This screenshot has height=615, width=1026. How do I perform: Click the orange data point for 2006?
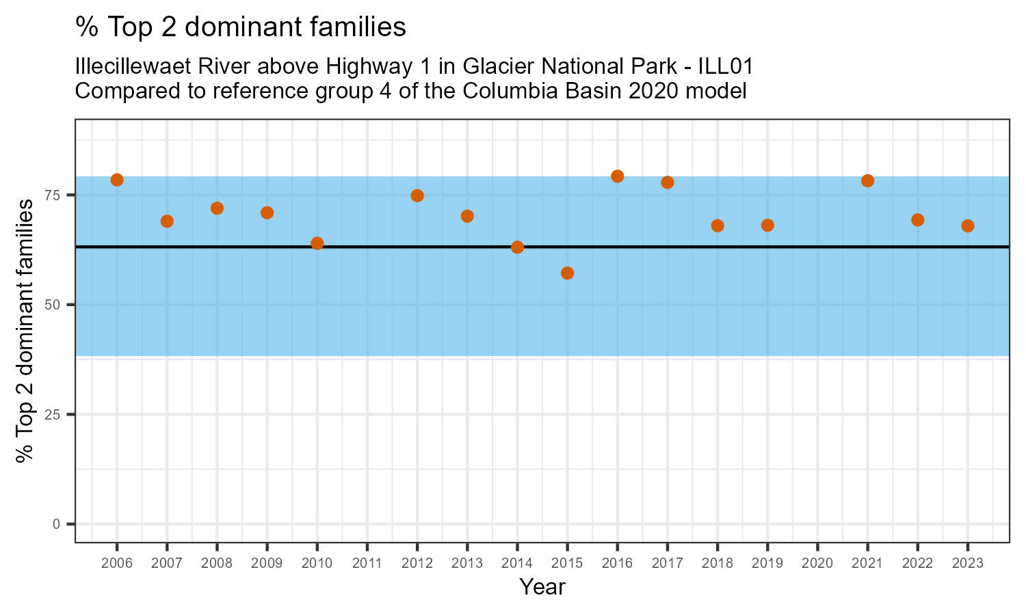pos(117,180)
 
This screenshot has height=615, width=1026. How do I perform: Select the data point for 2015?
pos(567,273)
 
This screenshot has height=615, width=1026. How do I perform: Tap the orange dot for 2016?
pos(617,176)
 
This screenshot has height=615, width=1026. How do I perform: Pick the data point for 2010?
pos(317,243)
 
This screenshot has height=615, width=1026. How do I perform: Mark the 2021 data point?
pos(867,181)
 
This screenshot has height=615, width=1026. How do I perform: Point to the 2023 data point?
pos(968,226)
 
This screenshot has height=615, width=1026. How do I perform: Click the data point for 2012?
pos(417,195)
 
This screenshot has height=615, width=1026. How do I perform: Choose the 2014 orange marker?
pos(517,247)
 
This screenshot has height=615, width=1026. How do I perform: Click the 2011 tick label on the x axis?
pos(367,564)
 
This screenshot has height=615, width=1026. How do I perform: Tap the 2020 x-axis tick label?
pos(817,564)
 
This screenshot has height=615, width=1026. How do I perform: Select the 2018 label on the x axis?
pos(718,564)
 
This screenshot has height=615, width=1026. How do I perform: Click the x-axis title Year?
pos(542,587)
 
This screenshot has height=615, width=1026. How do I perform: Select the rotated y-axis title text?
pos(25,330)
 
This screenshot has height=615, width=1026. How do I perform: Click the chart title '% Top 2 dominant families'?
pos(241,28)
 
